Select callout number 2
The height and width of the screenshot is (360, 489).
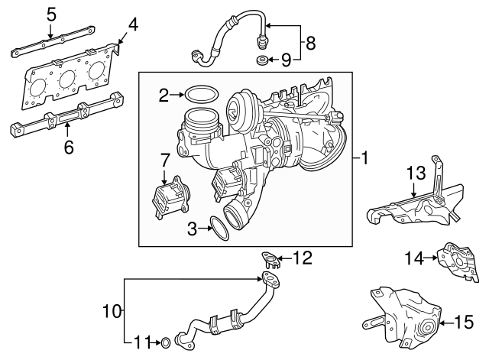pyautogui.click(x=163, y=95)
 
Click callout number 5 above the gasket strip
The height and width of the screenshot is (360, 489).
pyautogui.click(x=51, y=13)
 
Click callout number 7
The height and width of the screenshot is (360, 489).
pyautogui.click(x=164, y=160)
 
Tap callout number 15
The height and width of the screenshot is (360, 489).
pyautogui.click(x=465, y=323)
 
